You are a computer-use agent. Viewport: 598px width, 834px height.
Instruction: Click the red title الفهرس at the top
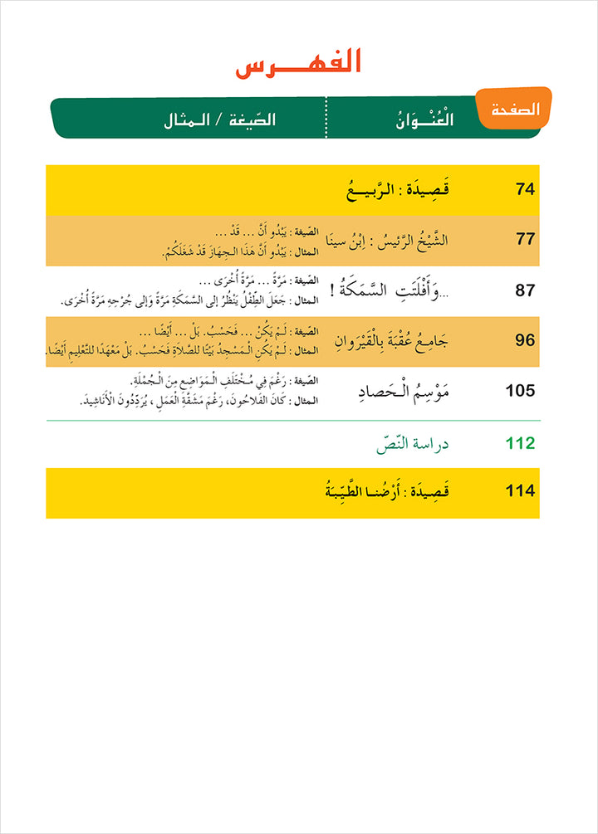(298, 64)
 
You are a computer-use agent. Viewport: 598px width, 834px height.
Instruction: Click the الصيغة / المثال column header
(219, 119)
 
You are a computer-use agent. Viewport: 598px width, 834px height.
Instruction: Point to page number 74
(525, 189)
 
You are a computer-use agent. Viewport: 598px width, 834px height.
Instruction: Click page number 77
(525, 240)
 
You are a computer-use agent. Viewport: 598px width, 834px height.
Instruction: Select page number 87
(525, 290)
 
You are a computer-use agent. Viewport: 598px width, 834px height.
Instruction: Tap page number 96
(525, 339)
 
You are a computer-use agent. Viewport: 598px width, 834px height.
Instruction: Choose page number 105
(520, 391)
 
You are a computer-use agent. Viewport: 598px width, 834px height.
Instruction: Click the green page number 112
(520, 443)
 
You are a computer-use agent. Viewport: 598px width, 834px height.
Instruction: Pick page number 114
(520, 490)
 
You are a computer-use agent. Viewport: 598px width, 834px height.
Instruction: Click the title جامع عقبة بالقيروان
(395, 340)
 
